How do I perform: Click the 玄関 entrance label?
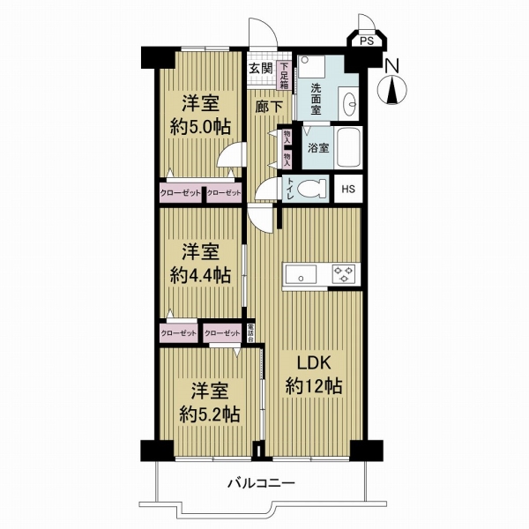tap(259, 68)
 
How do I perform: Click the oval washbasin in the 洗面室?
tap(348, 101)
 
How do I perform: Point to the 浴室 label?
tap(318, 148)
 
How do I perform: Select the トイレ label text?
tap(290, 190)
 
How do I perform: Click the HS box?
tap(348, 190)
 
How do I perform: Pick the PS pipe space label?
tap(366, 40)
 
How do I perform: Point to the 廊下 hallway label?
tap(269, 107)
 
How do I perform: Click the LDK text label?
tap(314, 364)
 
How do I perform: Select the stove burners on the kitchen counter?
tap(344, 274)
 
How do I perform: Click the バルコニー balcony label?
tap(260, 482)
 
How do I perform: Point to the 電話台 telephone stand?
tap(250, 332)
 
